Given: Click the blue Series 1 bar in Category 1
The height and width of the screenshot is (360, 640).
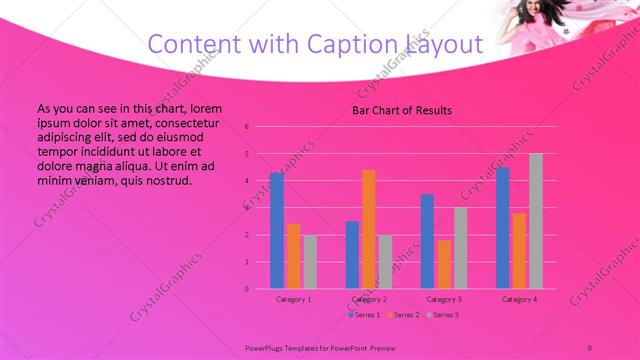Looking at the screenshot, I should point(276,231).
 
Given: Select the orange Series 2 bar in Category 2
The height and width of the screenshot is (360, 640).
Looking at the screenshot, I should point(368,229).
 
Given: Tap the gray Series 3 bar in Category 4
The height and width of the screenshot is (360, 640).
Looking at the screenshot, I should point(536,221).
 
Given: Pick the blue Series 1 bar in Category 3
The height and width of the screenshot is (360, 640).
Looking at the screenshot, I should point(427,241).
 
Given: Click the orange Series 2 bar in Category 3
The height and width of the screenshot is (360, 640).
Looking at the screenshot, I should point(444,264).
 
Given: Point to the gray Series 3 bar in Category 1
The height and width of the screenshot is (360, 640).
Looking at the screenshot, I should point(310,262).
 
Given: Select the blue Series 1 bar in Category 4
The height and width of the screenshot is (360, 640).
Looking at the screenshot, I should point(503,228).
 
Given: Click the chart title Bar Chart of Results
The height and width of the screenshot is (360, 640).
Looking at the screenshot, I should point(403,110).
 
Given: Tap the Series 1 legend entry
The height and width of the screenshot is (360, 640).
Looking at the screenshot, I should point(365,315).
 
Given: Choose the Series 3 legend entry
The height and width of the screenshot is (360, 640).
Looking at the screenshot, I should point(442,315).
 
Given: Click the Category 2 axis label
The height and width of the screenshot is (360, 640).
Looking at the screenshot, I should point(368,299).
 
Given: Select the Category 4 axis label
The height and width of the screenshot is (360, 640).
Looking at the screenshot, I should point(519,299).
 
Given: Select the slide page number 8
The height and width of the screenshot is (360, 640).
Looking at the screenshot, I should point(589,346).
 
